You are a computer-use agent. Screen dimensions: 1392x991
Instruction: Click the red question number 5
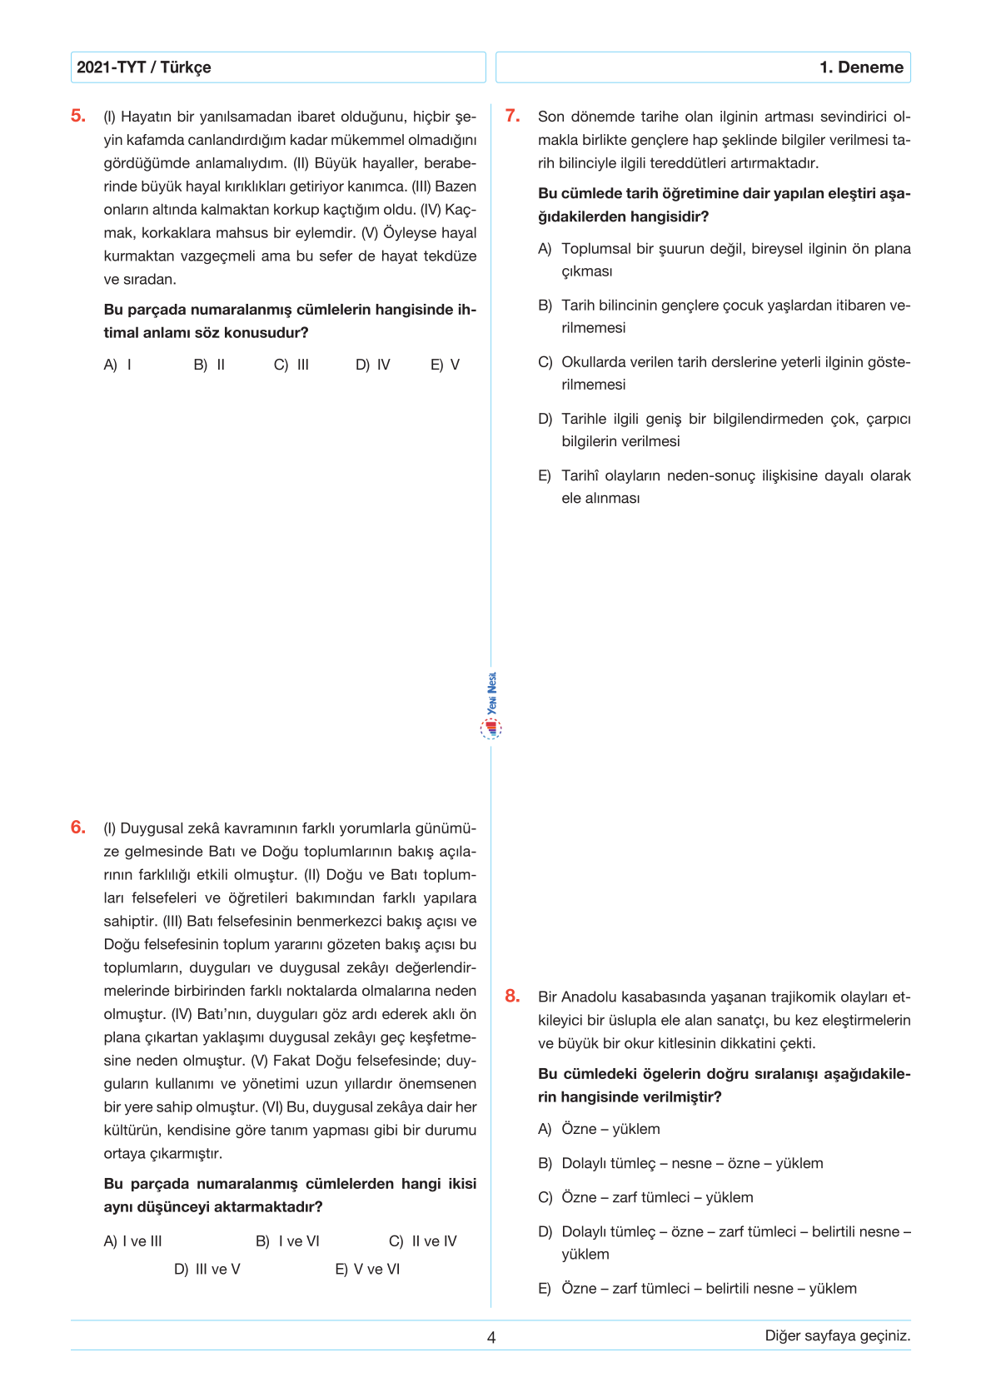tap(78, 116)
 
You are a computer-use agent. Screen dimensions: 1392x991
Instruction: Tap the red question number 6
tap(78, 827)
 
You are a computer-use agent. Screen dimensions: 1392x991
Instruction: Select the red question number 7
tap(513, 116)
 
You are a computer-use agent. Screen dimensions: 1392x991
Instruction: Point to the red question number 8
tap(513, 996)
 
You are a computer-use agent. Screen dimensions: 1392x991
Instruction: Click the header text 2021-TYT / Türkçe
tap(143, 67)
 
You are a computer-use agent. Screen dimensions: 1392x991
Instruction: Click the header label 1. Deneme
tap(861, 67)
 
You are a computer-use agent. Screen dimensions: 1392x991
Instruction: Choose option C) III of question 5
tap(291, 365)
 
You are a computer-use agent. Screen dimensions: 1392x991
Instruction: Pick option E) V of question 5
tap(445, 365)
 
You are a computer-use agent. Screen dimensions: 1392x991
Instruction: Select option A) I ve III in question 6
tap(132, 1241)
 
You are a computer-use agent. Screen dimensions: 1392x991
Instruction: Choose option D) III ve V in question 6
tap(207, 1270)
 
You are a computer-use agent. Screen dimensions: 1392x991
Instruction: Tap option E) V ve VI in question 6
tap(367, 1270)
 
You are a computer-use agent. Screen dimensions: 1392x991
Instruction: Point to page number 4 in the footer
tap(491, 1337)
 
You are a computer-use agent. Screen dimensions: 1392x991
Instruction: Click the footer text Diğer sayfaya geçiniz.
tap(837, 1335)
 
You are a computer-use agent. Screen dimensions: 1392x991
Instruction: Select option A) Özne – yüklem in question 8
tap(600, 1129)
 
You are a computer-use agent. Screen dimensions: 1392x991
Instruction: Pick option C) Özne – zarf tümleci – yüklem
tap(646, 1197)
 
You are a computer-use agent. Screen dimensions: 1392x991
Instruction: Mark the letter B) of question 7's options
tap(545, 306)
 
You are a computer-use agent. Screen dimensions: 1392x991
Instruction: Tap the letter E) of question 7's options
tap(545, 476)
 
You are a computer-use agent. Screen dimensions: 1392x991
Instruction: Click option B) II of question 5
tap(209, 365)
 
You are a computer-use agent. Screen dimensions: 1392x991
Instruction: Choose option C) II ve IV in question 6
tap(423, 1241)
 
